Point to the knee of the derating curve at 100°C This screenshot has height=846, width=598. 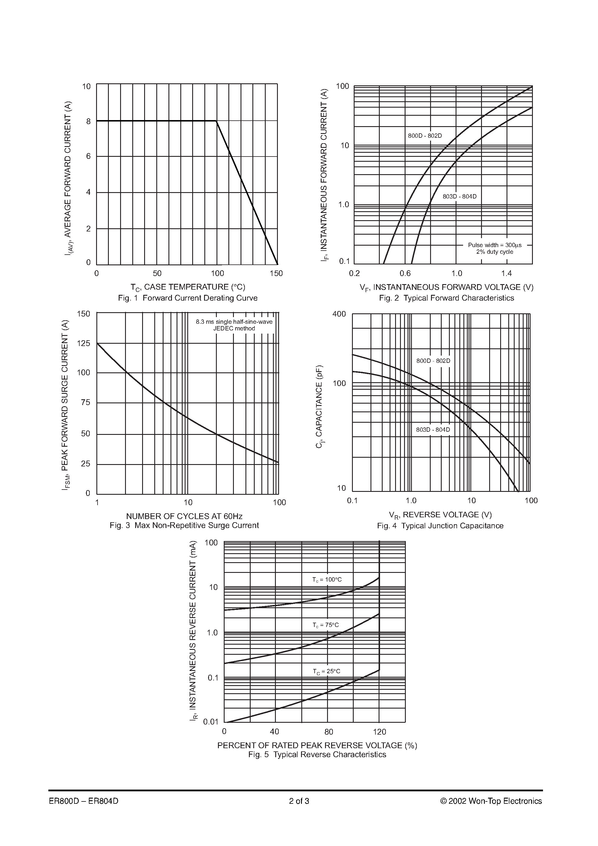coord(217,121)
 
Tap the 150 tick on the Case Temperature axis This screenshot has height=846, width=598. coord(276,273)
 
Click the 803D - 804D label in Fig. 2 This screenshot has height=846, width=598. coord(459,196)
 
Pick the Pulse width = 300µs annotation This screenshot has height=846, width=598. coord(495,245)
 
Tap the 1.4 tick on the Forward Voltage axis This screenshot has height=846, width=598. coord(507,273)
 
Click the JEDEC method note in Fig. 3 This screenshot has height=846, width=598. coord(234,328)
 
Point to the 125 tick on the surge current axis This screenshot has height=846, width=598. coord(83,343)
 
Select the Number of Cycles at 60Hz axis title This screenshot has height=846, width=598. coord(184,516)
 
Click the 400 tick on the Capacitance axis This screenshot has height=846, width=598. coord(339,314)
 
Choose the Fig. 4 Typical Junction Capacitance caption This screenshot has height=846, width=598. coord(440,526)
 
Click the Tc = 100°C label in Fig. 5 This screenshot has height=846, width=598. coord(327,580)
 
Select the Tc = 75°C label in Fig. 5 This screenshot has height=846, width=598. coord(326,625)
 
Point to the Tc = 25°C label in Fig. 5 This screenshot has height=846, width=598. coord(327,671)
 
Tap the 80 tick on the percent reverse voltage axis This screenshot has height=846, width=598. coord(329,732)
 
